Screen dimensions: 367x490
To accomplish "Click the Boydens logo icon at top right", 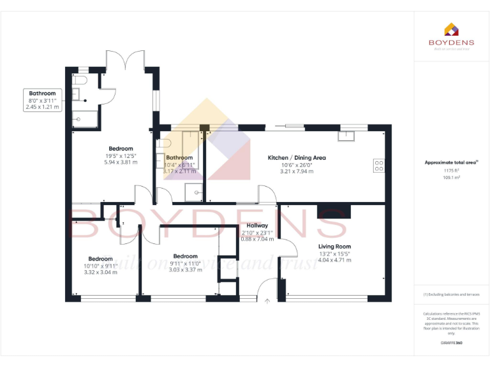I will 451,29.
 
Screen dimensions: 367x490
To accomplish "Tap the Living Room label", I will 334,247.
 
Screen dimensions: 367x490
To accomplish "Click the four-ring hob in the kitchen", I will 378,165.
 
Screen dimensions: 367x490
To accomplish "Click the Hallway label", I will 257,226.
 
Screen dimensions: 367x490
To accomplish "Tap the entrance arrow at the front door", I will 267,301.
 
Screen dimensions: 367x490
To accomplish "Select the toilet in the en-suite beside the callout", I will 78,81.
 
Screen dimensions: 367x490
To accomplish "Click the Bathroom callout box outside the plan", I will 42,100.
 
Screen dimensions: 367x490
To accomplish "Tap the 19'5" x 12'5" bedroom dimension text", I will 120,156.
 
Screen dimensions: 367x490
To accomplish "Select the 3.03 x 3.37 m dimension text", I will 186,270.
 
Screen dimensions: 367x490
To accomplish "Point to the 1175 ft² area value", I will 451,170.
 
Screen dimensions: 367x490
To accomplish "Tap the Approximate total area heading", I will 451,162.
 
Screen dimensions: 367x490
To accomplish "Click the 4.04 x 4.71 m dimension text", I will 334,260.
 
